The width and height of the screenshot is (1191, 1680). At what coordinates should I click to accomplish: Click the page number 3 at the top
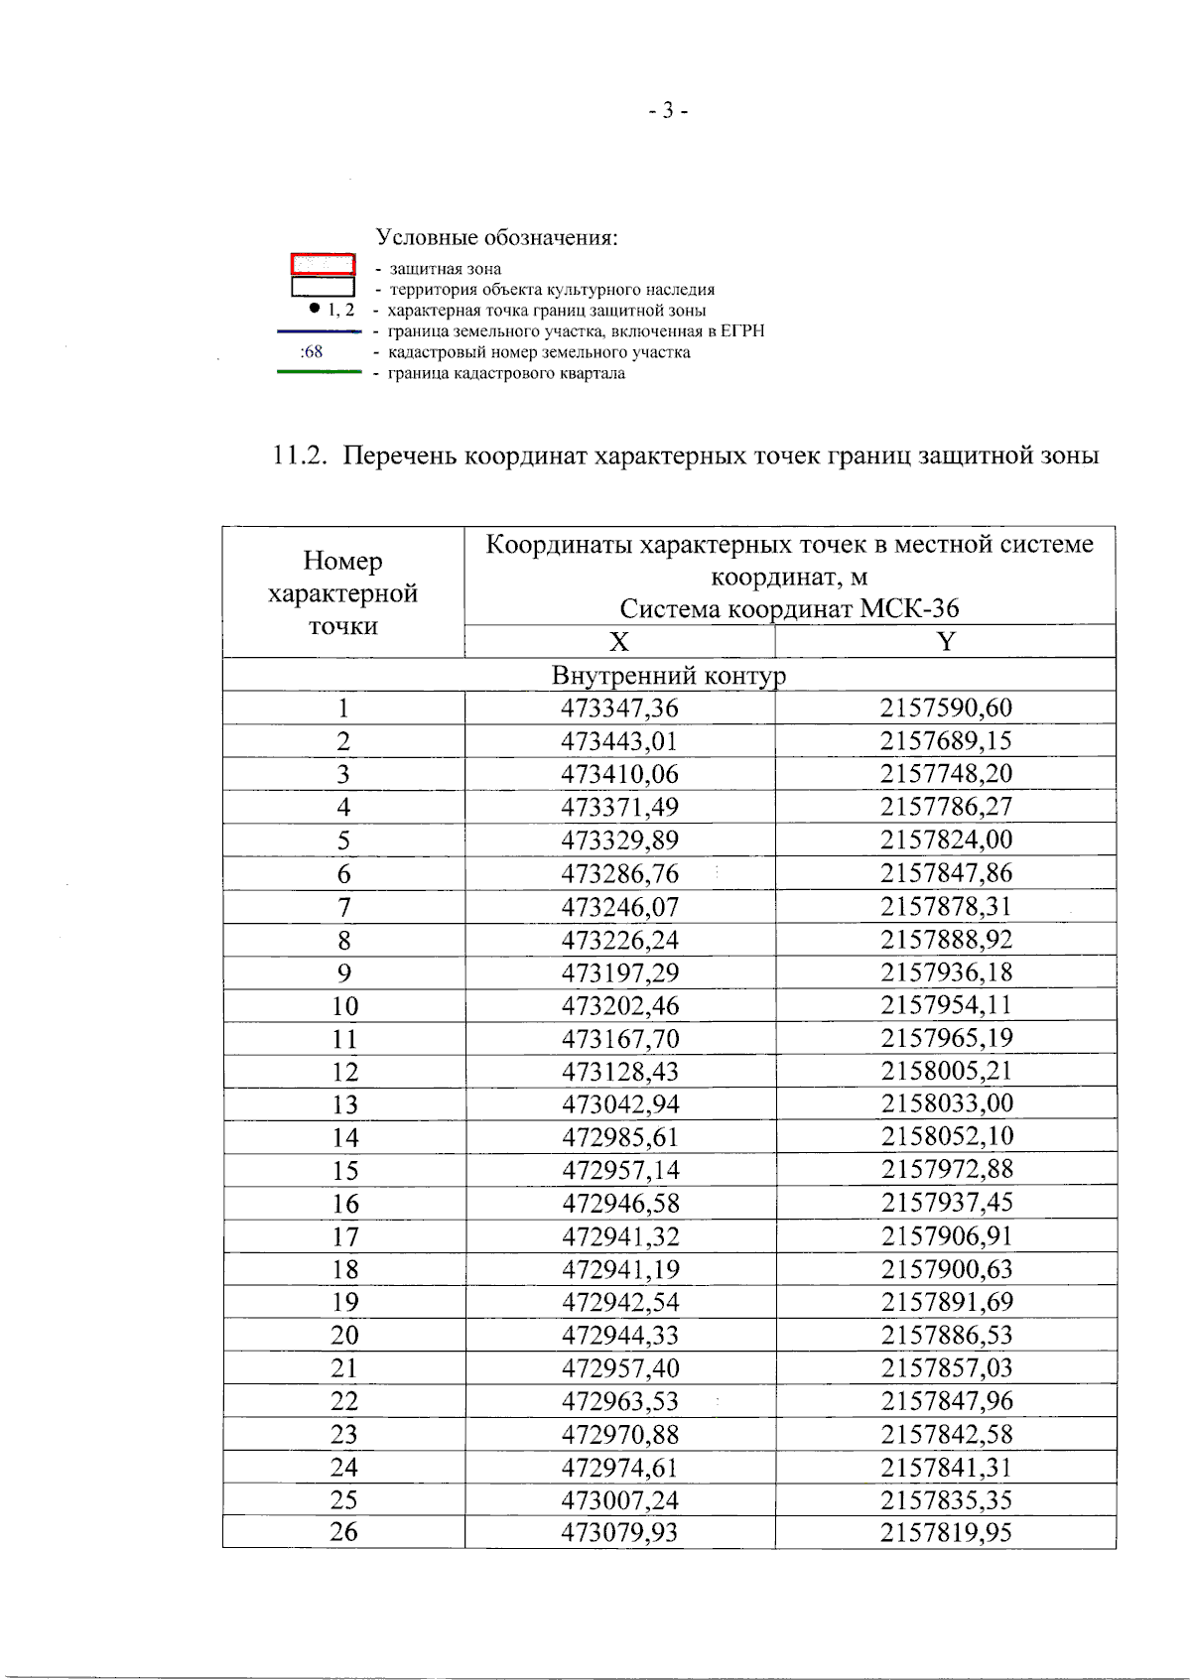(x=668, y=110)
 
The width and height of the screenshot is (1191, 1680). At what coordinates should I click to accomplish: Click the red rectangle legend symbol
(x=323, y=264)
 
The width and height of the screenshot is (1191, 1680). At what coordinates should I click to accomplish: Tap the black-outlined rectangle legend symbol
(x=323, y=287)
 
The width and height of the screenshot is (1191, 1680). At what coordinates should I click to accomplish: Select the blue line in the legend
(x=319, y=331)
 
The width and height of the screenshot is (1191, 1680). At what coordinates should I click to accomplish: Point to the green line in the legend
(x=319, y=372)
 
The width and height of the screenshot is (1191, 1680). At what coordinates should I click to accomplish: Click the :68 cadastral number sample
(x=312, y=352)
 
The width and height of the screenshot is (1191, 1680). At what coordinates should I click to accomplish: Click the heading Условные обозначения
(x=496, y=238)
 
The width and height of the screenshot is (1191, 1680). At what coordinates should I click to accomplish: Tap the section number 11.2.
(x=299, y=455)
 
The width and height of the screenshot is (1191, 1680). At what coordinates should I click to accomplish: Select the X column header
(x=618, y=642)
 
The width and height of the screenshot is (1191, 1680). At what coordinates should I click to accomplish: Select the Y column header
(x=945, y=642)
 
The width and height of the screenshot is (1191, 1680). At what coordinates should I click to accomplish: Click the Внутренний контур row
(x=668, y=676)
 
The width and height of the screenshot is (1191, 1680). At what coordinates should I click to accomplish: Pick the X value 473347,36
(x=619, y=709)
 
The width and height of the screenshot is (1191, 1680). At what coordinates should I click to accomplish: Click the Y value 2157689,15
(x=945, y=741)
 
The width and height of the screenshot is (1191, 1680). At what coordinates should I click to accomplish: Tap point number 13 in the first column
(x=344, y=1105)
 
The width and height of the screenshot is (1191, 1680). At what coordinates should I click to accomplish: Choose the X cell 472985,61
(x=619, y=1138)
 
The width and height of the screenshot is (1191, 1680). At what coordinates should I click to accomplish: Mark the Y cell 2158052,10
(x=946, y=1137)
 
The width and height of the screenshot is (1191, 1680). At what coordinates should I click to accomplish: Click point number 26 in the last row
(x=343, y=1532)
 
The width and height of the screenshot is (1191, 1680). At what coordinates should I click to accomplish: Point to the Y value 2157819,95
(x=945, y=1533)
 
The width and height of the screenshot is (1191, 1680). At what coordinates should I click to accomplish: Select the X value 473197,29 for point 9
(x=619, y=973)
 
